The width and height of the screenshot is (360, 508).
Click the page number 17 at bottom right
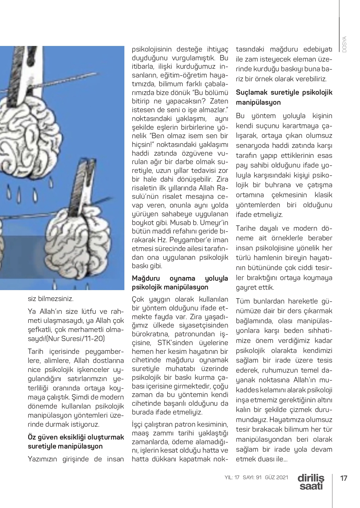click(343, 478)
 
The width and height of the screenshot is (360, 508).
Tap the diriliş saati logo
click(311, 482)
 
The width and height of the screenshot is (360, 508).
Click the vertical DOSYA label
click(344, 44)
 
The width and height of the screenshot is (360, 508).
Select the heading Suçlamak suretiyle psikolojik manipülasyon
click(284, 97)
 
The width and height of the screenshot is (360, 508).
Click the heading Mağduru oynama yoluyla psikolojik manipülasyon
click(180, 283)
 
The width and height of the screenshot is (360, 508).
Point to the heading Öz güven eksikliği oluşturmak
click(76, 437)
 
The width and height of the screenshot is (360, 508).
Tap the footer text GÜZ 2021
click(276, 477)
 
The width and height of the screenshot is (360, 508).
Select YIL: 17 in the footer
click(232, 477)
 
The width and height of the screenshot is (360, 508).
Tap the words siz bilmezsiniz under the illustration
click(51, 299)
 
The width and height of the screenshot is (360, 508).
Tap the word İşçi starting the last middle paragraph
click(139, 425)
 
